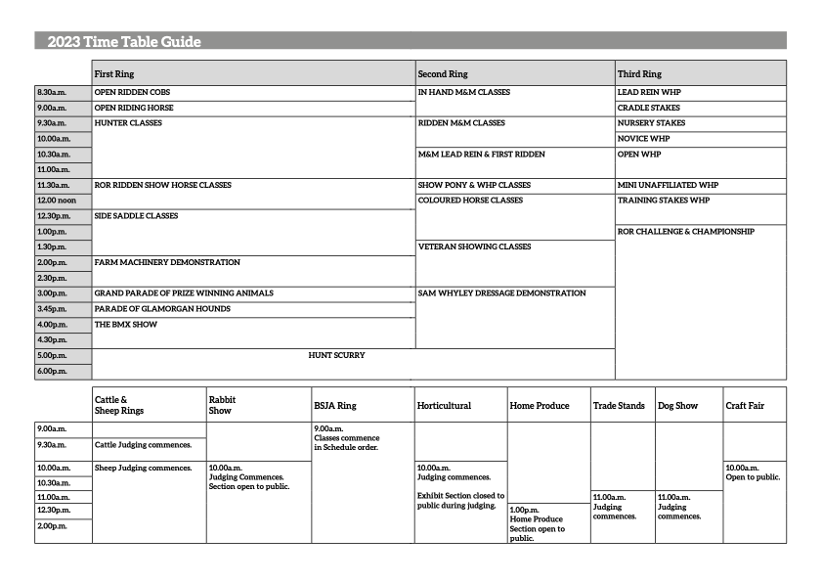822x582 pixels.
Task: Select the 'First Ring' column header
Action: pyautogui.click(x=114, y=73)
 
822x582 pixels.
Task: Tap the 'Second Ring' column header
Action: pyautogui.click(x=443, y=73)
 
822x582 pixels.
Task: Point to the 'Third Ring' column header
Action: pyautogui.click(x=639, y=73)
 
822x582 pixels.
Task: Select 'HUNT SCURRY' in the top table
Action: pyautogui.click(x=336, y=355)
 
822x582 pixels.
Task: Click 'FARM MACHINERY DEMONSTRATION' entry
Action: pyautogui.click(x=167, y=262)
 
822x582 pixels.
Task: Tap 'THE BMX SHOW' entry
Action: pyautogui.click(x=125, y=324)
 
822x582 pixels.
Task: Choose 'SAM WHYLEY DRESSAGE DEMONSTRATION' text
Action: pyautogui.click(x=501, y=292)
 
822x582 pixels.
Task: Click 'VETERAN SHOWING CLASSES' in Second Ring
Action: pyautogui.click(x=474, y=246)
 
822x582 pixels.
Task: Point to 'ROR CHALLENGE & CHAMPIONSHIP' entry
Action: pyautogui.click(x=686, y=232)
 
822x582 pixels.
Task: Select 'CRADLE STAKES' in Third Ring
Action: pyautogui.click(x=649, y=108)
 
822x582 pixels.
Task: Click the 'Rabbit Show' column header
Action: pyautogui.click(x=223, y=405)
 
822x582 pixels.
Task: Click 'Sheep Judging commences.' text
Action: pyautogui.click(x=143, y=468)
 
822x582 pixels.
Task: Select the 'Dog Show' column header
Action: pyautogui.click(x=677, y=406)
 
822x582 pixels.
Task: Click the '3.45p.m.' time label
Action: pyautogui.click(x=53, y=308)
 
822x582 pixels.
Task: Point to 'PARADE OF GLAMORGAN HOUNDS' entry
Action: pyautogui.click(x=162, y=308)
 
